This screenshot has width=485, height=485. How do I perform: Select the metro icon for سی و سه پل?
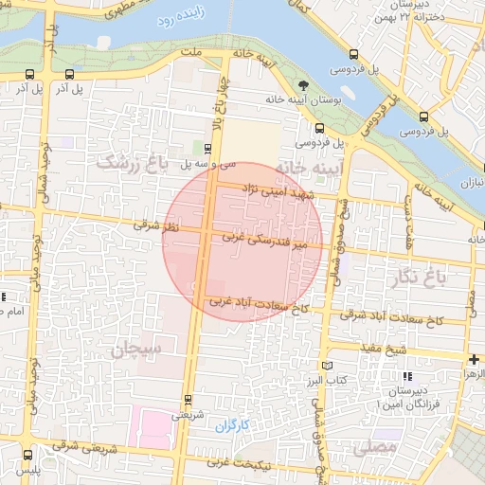pyautogui.click(x=208, y=147)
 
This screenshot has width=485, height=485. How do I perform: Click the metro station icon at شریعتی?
pyautogui.click(x=188, y=398)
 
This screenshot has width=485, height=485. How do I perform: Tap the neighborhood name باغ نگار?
pyautogui.click(x=415, y=277)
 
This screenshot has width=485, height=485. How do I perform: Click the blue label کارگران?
pyautogui.click(x=231, y=426)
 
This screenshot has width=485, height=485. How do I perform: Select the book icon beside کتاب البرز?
pyautogui.click(x=328, y=366)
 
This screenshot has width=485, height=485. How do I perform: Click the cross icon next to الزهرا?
pyautogui.click(x=474, y=359)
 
